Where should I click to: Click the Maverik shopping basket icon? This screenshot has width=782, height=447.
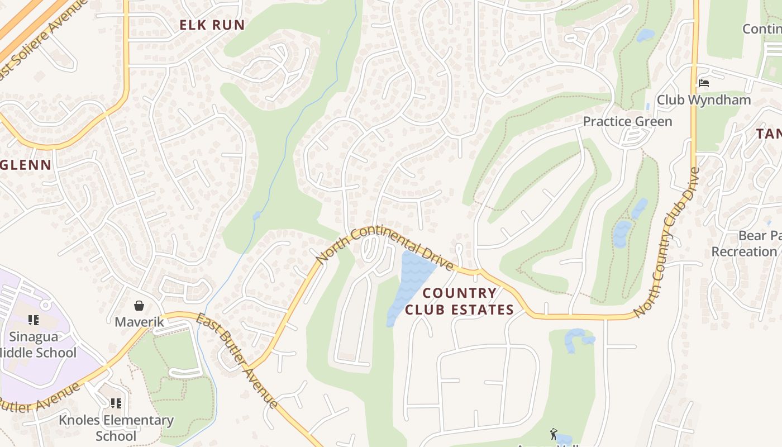139,306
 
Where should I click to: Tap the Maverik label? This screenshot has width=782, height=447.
139,322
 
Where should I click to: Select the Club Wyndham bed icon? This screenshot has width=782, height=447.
704,83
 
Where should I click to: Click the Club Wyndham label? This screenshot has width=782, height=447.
703,100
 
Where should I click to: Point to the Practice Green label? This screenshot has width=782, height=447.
627,121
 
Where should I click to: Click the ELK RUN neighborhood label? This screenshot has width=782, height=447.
212,25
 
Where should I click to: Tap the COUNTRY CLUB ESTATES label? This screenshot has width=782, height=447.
459,301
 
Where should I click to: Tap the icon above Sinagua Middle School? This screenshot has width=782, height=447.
34,320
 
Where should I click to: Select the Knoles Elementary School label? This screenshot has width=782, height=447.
116,427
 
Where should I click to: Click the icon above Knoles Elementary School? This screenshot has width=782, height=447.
116,403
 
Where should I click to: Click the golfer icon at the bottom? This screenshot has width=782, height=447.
554,434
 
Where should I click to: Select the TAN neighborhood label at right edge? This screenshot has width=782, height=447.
769,134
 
